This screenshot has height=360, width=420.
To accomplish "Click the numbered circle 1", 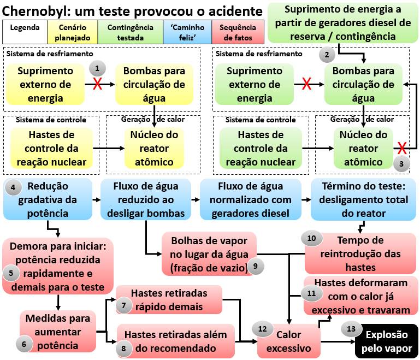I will coord(97,69).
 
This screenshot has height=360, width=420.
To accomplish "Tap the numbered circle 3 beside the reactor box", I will coord(401,163).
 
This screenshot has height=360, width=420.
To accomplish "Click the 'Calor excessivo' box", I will coord(288,341).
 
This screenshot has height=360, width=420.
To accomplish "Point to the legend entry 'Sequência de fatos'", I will coord(240,32).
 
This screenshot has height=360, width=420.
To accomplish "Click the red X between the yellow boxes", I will coord(98,84).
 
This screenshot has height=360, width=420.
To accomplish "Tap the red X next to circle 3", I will coord(403,147).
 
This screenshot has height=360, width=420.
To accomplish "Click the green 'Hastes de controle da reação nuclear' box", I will coord(261,147).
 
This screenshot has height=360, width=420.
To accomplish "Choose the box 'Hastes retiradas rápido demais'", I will coord(169,300).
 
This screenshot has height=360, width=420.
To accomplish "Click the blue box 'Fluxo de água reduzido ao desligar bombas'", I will coord(146,199).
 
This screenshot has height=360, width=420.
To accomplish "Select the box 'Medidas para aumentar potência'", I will coord(57,331).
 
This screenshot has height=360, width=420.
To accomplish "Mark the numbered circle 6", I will coord(25,344).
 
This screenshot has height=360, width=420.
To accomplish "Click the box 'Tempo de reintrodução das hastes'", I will coord(360,253).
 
